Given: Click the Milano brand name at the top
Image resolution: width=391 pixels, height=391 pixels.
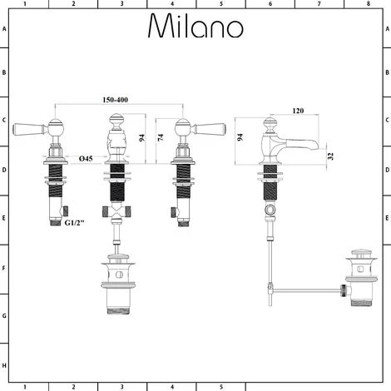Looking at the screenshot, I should pyautogui.click(x=195, y=27).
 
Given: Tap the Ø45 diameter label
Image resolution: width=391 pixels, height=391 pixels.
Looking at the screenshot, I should pyautogui.click(x=86, y=158).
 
